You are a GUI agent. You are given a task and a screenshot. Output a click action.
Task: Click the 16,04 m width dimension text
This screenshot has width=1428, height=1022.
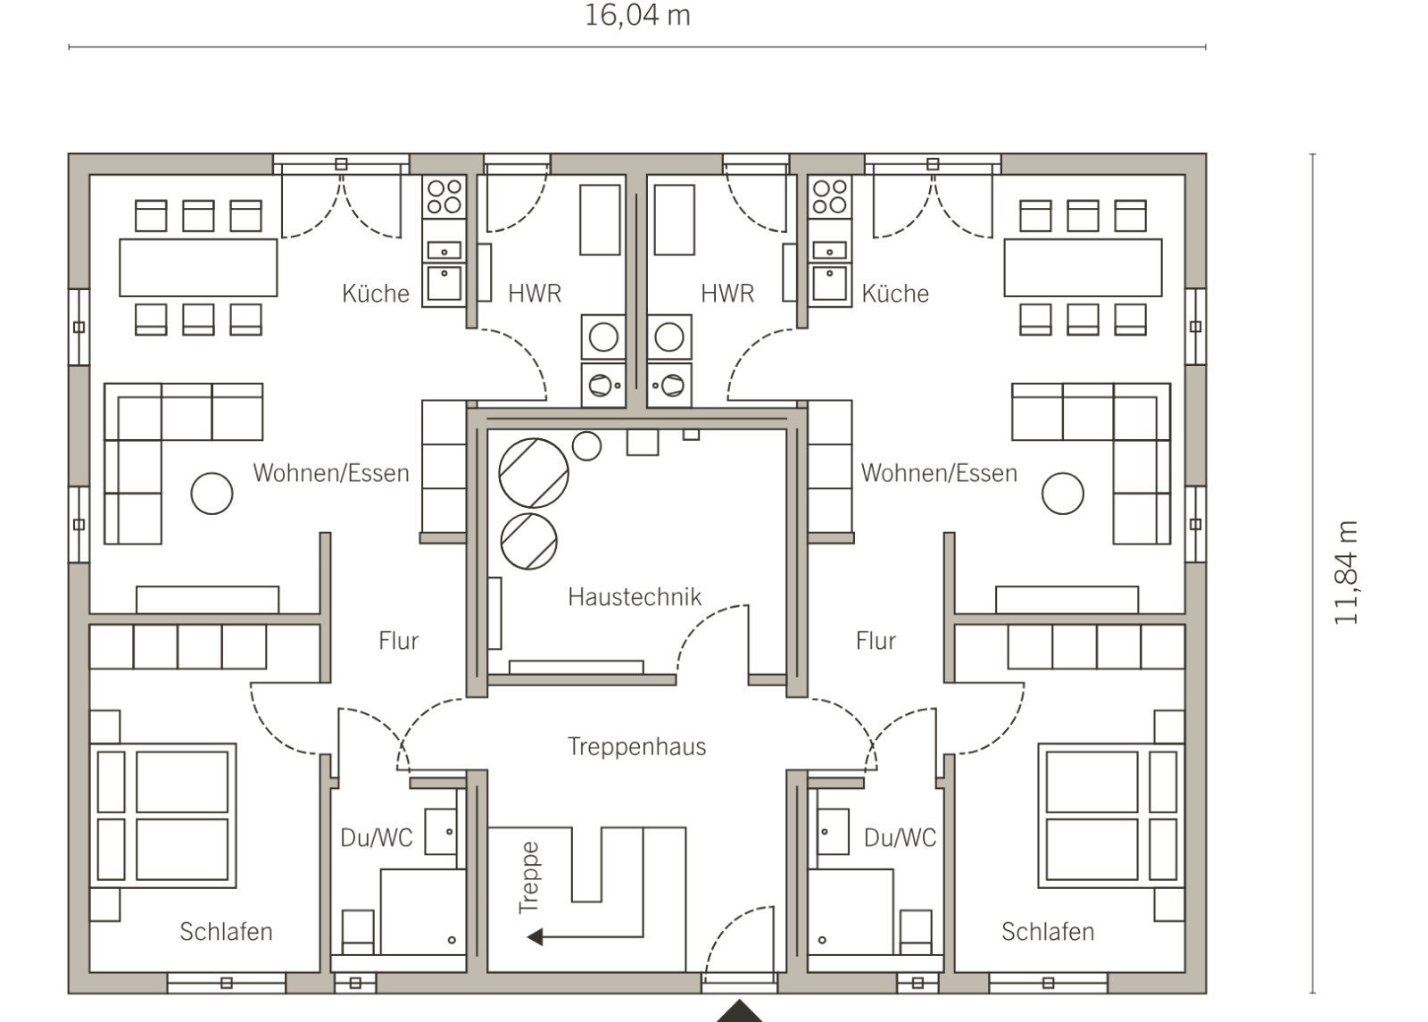(637, 15)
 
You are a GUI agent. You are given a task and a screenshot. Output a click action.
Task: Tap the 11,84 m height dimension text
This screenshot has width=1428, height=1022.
(1346, 572)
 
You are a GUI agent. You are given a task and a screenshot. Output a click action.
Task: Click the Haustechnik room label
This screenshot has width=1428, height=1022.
(635, 597)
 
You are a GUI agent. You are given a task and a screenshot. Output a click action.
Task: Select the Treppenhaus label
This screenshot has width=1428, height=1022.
(637, 746)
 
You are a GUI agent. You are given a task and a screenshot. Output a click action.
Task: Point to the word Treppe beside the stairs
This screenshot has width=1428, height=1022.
(529, 877)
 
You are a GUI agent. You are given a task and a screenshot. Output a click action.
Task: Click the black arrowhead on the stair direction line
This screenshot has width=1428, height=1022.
(535, 937)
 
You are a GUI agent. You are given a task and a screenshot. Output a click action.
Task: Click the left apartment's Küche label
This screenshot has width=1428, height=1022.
(376, 294)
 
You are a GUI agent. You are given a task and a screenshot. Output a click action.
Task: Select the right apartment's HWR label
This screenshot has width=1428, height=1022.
(727, 294)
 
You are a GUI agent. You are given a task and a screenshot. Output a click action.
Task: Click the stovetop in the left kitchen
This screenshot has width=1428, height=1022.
(444, 196)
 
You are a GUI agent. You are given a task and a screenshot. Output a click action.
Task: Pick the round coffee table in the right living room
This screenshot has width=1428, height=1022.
(1063, 494)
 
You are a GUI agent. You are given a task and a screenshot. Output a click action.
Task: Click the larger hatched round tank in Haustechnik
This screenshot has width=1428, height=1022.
(534, 473)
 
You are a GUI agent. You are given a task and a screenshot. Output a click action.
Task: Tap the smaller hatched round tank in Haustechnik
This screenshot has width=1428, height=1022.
(529, 541)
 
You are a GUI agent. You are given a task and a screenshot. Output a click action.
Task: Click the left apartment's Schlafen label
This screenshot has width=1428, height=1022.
(227, 932)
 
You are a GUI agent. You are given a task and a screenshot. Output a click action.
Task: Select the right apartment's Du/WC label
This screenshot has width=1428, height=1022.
(900, 838)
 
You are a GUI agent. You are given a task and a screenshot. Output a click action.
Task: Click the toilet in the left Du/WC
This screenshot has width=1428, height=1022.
(358, 932)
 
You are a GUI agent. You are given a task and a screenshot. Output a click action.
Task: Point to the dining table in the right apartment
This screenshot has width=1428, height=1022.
(1083, 268)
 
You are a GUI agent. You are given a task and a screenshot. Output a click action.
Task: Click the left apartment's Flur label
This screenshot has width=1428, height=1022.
(398, 641)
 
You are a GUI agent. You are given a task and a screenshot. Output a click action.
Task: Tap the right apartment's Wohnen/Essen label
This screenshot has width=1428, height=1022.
(939, 473)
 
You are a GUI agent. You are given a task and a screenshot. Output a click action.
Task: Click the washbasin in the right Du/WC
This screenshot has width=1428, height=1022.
(833, 831)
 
